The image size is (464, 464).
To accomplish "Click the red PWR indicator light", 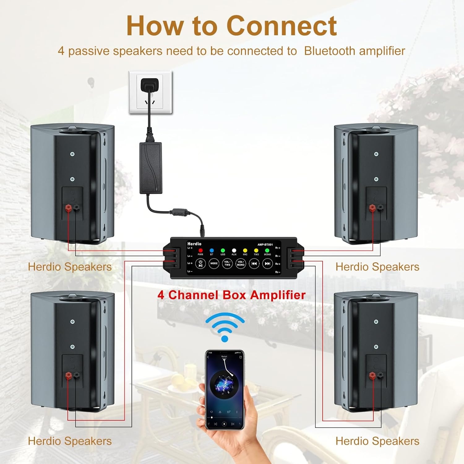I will (200, 250).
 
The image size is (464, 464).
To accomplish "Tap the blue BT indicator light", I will (212, 250).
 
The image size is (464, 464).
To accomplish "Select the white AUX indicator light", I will (234, 250).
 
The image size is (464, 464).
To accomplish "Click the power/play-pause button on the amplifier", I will (200, 264).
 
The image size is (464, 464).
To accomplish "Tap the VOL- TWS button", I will (227, 264).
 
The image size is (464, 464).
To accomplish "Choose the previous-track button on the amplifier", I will (254, 264).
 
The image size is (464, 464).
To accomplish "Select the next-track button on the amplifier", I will (267, 264).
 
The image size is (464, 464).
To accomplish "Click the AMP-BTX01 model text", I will (265, 245).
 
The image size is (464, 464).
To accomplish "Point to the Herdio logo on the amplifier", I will (194, 244).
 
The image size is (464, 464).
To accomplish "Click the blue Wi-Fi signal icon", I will (225, 327).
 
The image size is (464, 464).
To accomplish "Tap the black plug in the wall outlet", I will (150, 85).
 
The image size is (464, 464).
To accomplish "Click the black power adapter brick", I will (151, 168).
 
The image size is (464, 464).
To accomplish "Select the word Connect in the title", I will (282, 26).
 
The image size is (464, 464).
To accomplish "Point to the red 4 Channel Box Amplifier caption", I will (231, 295).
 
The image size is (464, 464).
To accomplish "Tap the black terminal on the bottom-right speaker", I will (380, 376).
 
